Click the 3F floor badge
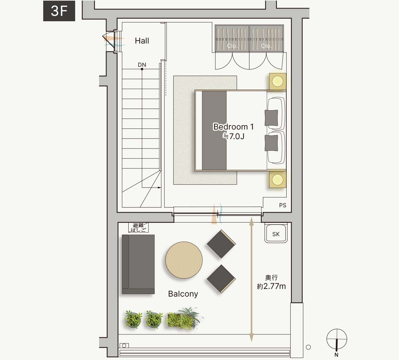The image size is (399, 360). tap(59, 11)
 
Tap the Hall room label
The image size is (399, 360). tap(142, 41)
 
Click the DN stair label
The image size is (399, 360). tap(142, 65)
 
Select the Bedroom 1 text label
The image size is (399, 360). tap(233, 127)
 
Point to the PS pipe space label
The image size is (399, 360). tap(283, 205)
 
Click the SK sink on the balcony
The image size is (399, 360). tap(276, 233)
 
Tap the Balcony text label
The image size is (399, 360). tap(183, 294)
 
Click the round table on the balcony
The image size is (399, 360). tap(184, 260)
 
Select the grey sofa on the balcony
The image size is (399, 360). tap(138, 264)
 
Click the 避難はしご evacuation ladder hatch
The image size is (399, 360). tap(138, 228)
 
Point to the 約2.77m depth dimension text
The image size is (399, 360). tap(271, 286)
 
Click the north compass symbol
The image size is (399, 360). tap(337, 339)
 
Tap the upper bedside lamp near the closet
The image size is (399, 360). tap(278, 81)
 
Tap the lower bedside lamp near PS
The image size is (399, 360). tap(278, 179)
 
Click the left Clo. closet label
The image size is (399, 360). tap(232, 46)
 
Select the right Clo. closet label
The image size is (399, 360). tap(266, 46)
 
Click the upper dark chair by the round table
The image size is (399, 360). tap(221, 244)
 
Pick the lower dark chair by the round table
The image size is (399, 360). tap(221, 279)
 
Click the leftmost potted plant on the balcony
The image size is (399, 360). tap(133, 319)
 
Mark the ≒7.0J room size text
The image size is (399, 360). tap(233, 136)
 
